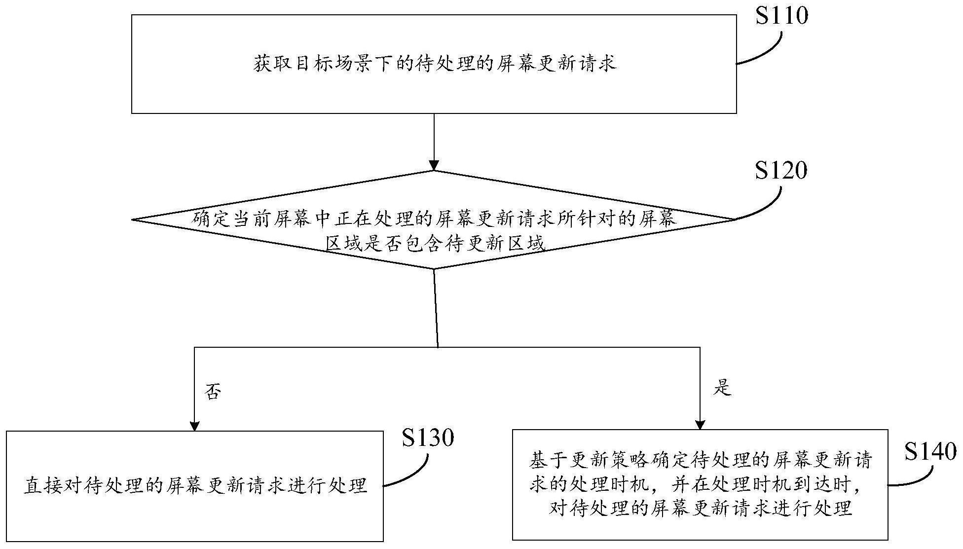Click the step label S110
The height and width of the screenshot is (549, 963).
(x=781, y=16)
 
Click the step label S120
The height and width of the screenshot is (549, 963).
(x=780, y=171)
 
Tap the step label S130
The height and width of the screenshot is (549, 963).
(x=427, y=438)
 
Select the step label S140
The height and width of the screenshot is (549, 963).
(x=930, y=451)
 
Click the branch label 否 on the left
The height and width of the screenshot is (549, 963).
(x=213, y=392)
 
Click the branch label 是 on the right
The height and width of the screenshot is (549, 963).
(x=722, y=388)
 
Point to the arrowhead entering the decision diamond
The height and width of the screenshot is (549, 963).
(x=434, y=165)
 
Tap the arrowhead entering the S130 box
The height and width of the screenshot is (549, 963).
(x=195, y=426)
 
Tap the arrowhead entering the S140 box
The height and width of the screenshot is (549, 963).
(x=700, y=425)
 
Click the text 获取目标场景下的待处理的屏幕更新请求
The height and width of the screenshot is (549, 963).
(x=435, y=64)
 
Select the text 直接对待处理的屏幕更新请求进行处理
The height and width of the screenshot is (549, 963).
(x=195, y=485)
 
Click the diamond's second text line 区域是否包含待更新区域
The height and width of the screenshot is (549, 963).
(x=435, y=244)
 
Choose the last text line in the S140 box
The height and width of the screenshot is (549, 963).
(x=700, y=508)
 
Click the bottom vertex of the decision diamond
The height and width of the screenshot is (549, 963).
(x=434, y=269)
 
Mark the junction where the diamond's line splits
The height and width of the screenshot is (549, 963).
(x=438, y=347)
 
